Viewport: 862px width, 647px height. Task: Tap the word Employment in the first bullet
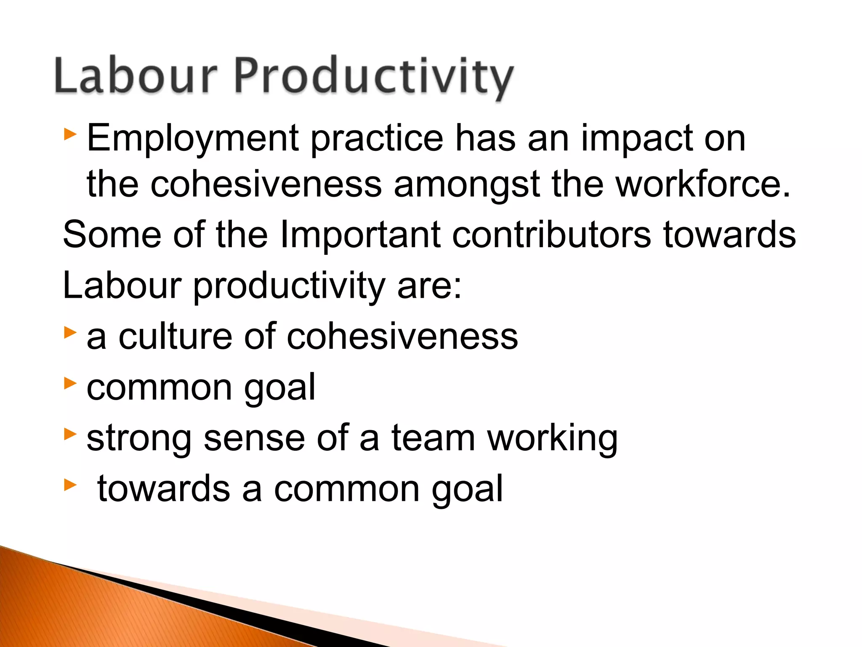click(193, 139)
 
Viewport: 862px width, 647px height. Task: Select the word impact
click(636, 139)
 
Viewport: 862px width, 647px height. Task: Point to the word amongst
click(467, 185)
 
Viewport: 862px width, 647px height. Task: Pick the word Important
click(360, 235)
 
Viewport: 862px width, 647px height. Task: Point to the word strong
click(139, 439)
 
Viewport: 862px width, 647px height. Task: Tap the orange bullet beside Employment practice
click(70, 135)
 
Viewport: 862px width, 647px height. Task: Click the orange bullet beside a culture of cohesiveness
click(70, 333)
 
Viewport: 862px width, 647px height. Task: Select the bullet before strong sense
click(70, 434)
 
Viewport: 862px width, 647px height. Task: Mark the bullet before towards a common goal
click(70, 485)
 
